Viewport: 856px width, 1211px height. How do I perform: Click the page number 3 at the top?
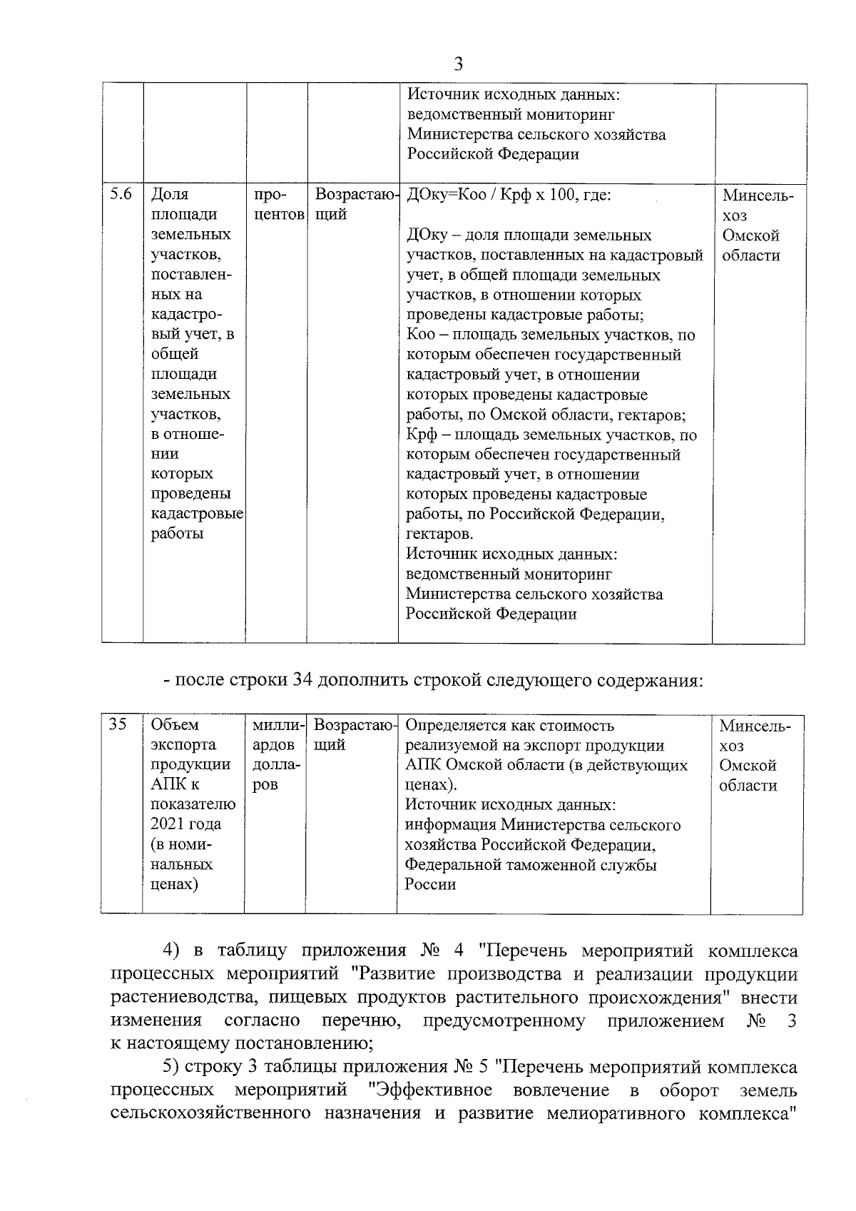click(x=459, y=64)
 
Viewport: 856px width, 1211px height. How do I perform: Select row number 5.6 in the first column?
click(x=121, y=194)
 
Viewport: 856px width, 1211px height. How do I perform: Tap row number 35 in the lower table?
click(x=118, y=725)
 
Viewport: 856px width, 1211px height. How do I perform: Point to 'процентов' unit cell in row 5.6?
click(x=276, y=205)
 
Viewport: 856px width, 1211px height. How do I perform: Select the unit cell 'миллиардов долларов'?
click(x=276, y=755)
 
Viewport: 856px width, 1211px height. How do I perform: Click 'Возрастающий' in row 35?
click(x=353, y=735)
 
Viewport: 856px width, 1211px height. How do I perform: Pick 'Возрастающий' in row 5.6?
click(x=354, y=204)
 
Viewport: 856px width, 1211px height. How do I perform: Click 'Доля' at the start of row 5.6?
click(x=170, y=195)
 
